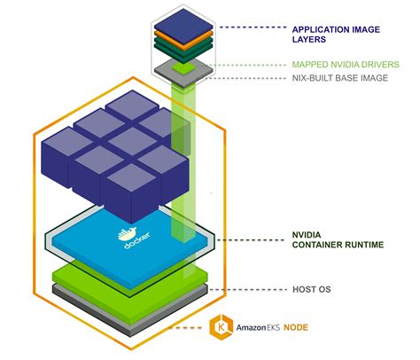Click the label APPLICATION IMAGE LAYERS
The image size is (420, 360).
click(x=336, y=33)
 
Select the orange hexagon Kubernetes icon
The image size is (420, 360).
click(x=220, y=326)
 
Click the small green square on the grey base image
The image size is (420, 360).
click(x=182, y=65)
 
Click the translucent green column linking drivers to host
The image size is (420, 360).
click(x=182, y=151)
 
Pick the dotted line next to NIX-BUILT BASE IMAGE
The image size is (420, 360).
click(x=248, y=78)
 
